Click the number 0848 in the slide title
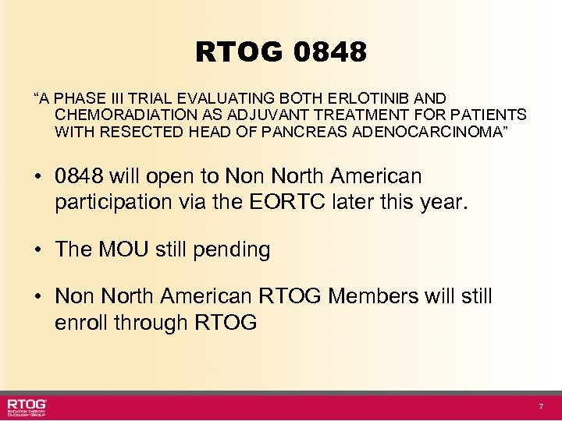pos(331,52)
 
